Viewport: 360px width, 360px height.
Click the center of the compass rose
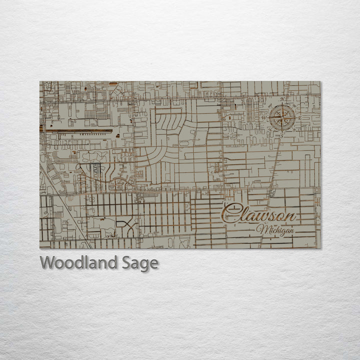point(281,118)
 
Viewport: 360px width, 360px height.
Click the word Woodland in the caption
point(78,262)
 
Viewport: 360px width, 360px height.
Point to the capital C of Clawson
point(229,213)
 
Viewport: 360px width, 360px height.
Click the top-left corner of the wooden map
point(40,81)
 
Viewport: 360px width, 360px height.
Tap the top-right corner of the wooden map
point(321,81)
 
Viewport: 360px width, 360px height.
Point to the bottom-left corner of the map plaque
point(40,248)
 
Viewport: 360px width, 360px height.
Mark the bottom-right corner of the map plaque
point(321,248)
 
